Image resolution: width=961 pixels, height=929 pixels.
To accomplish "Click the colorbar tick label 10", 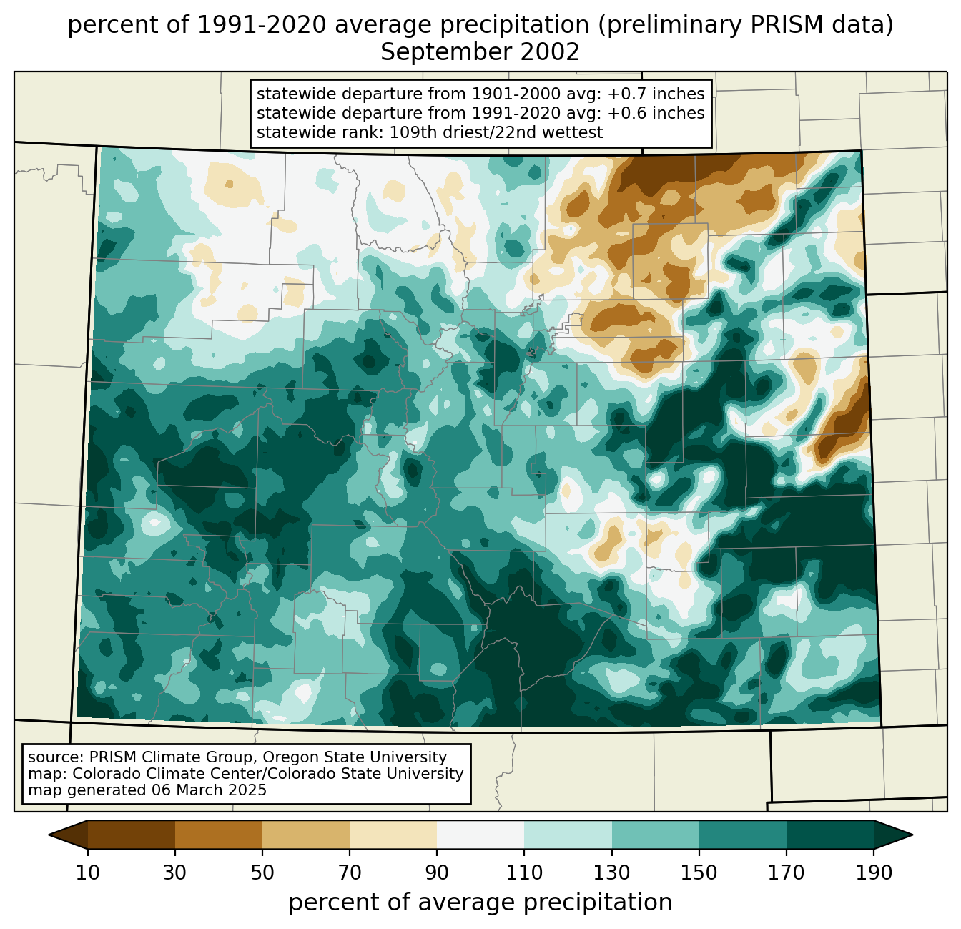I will (x=88, y=873).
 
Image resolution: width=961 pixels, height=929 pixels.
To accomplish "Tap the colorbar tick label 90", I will (x=437, y=873).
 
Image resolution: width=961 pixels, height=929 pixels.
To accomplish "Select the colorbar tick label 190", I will (x=873, y=873).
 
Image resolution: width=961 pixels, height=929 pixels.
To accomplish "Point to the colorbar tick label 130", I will (x=611, y=873).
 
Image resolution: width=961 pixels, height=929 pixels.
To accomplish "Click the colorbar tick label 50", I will (x=262, y=873).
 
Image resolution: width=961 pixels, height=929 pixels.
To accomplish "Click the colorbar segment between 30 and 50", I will (x=219, y=835).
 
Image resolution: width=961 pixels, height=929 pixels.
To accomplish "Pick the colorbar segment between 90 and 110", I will (x=480, y=835).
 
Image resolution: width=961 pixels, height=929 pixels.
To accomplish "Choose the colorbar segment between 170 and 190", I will (x=829, y=835).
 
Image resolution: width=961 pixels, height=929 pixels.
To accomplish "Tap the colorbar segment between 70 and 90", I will (x=393, y=835).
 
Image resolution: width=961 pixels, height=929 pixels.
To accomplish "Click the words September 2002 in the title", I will (x=480, y=52).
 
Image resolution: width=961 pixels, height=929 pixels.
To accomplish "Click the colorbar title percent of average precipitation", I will (x=480, y=903).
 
